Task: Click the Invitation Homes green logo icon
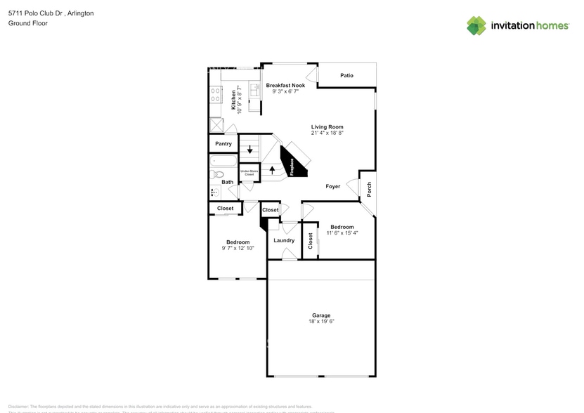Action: coord(476,25)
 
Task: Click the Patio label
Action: coord(346,75)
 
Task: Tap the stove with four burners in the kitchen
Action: coord(215,94)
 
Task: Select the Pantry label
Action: coord(223,143)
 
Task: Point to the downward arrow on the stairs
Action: coord(249,149)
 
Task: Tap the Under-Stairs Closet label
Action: coord(249,172)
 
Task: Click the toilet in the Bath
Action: coord(215,192)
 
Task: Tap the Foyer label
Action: coord(332,186)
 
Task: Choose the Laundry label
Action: coord(284,240)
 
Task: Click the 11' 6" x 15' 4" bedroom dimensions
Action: coord(342,232)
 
